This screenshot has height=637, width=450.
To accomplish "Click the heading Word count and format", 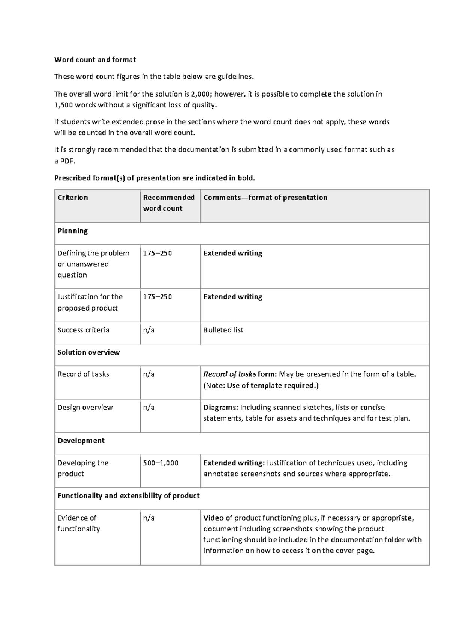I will point(95,60).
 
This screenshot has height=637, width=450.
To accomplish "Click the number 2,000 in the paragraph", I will point(202,94).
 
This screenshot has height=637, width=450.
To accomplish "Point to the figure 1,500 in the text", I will point(63,105).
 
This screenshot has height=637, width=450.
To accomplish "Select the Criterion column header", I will point(73,198).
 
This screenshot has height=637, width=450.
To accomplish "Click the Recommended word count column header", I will point(168,203).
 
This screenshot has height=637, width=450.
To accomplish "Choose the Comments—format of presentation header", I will point(265,198).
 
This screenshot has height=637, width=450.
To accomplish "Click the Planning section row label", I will point(73,231).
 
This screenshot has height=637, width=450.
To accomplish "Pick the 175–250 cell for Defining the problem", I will point(157,253).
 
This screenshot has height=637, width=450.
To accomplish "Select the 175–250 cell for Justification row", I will point(157,297).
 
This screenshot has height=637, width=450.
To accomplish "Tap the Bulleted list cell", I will point(223,330).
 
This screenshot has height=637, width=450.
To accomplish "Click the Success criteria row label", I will point(83,330).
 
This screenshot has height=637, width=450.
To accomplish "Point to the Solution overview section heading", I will point(88,352).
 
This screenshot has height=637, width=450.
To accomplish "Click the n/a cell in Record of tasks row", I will point(148,374).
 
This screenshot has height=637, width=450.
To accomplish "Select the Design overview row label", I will point(85,407).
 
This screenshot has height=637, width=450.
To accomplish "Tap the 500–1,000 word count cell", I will point(160,463).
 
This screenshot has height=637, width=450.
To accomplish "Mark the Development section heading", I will point(81,441).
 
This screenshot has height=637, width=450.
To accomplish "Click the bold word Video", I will point(213,518).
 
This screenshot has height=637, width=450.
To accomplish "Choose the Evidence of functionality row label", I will point(78,523).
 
